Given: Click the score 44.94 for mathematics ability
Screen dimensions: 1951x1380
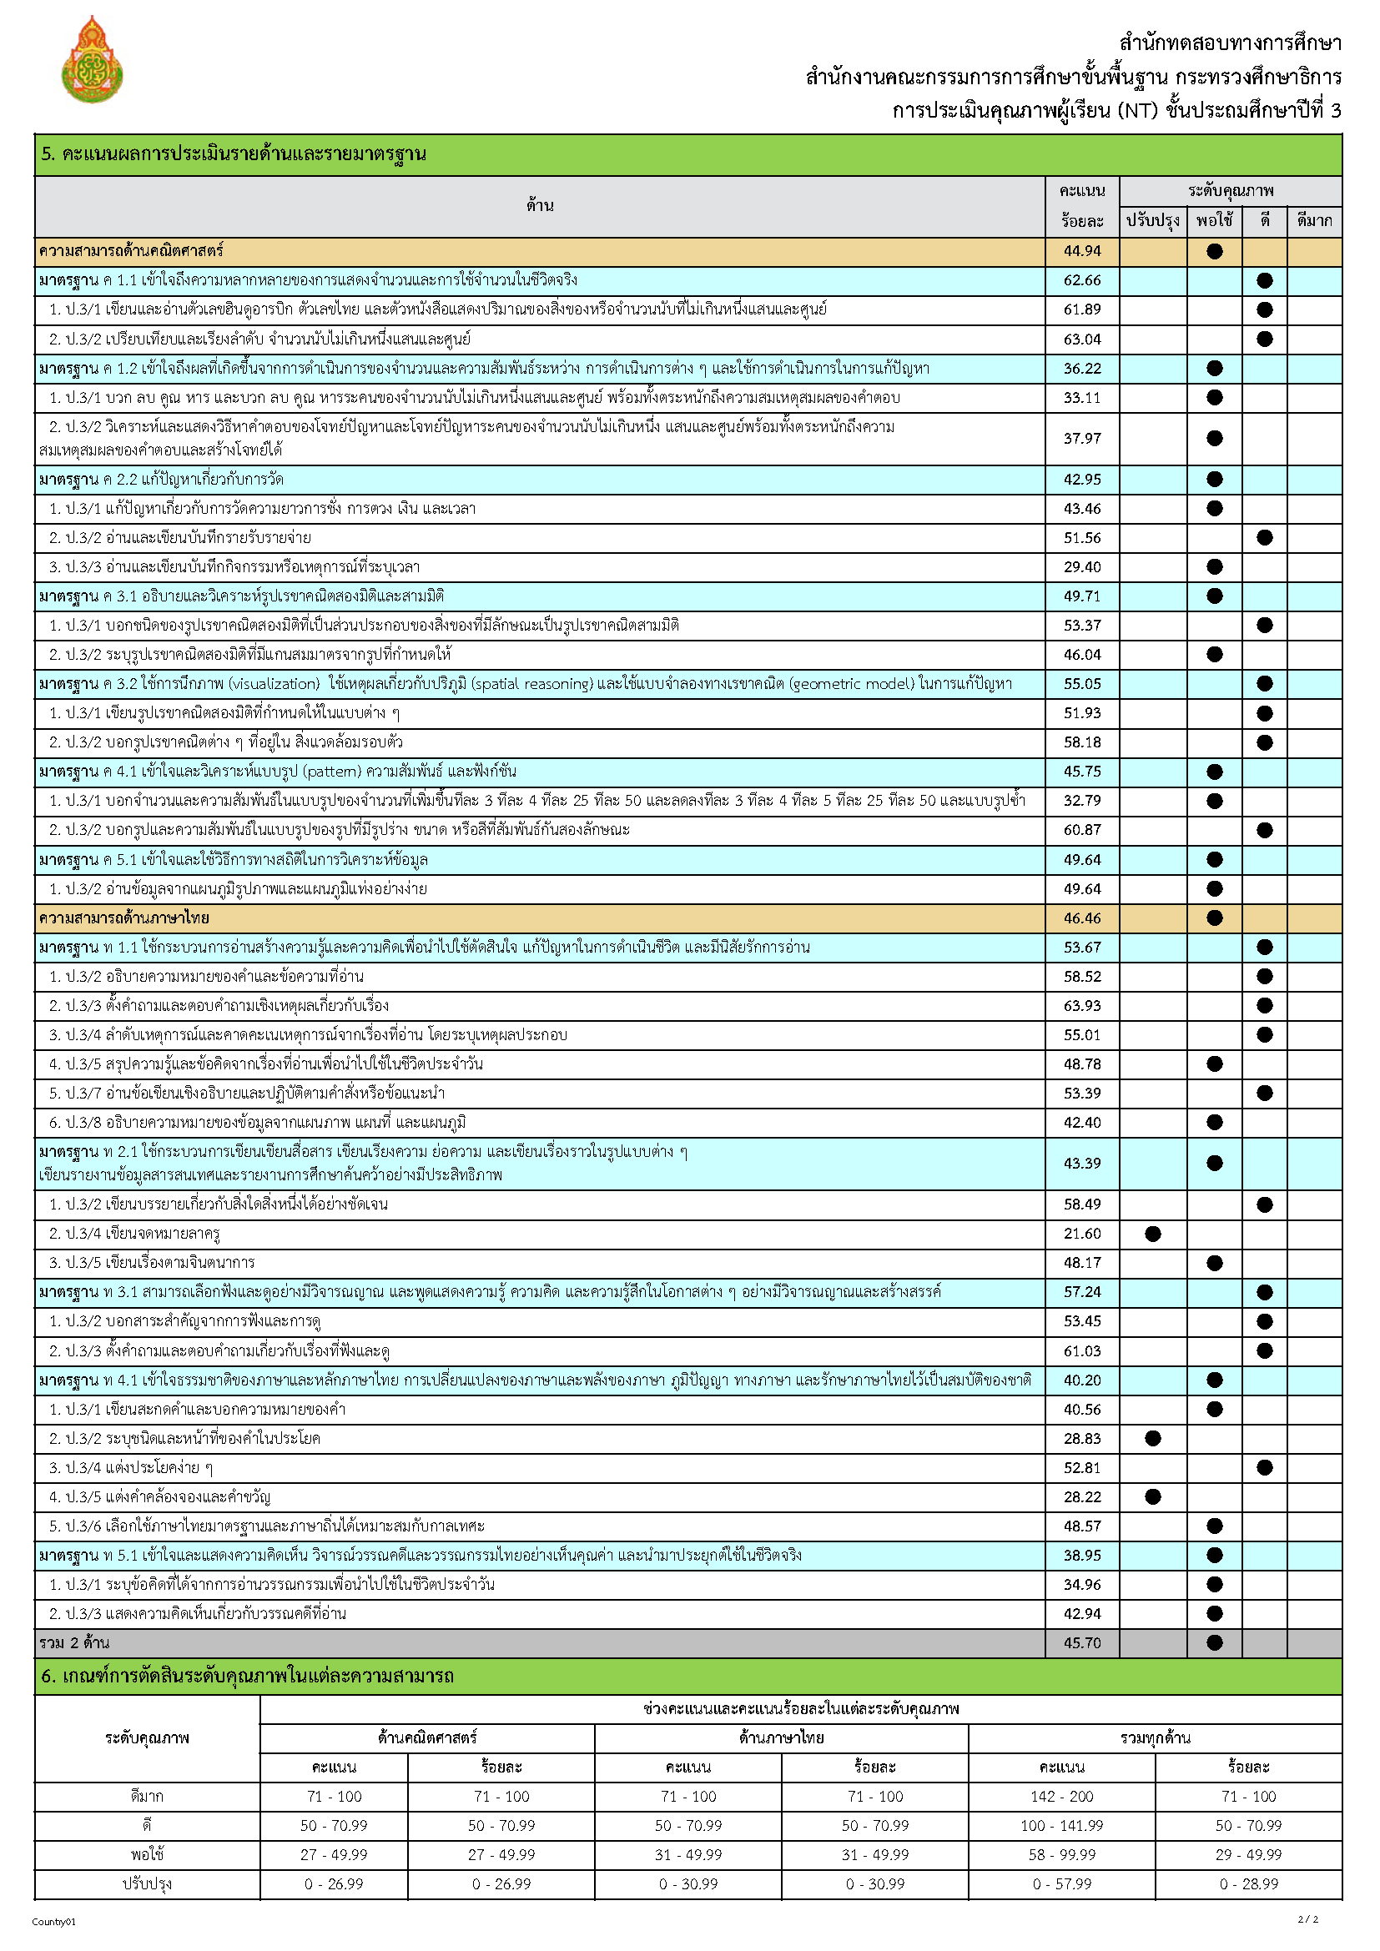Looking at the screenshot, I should coord(1082,252).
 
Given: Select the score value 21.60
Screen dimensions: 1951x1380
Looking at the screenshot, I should coord(1082,1233).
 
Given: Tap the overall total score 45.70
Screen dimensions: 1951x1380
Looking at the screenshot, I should coord(1082,1642).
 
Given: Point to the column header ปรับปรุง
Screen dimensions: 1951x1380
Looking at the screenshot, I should coord(1152,221).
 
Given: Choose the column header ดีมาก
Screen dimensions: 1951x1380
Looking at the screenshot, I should coord(1314,221).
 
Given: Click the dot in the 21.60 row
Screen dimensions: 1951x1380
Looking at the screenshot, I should coord(1152,1233).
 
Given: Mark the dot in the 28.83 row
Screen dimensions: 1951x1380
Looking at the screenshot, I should coord(1152,1438).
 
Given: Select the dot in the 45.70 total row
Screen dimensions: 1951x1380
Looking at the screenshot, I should coord(1214,1642).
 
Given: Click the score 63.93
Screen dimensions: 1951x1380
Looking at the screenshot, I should coord(1082,1005).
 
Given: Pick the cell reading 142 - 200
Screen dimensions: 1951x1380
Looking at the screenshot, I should coord(1061,1797).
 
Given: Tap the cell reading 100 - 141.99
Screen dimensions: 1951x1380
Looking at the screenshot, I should coord(1061,1825).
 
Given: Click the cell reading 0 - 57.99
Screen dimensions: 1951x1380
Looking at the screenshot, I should coord(1061,1884).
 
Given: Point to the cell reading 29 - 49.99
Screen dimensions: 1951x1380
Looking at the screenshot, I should coord(1247,1854).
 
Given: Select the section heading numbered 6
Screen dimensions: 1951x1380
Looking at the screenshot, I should coord(247,1676).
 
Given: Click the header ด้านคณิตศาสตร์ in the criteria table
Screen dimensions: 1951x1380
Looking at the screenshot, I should coord(426,1737).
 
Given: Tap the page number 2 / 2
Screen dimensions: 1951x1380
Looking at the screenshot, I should coord(1307,1918).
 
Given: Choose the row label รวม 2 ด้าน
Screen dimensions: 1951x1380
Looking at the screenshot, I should coord(74,1642).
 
